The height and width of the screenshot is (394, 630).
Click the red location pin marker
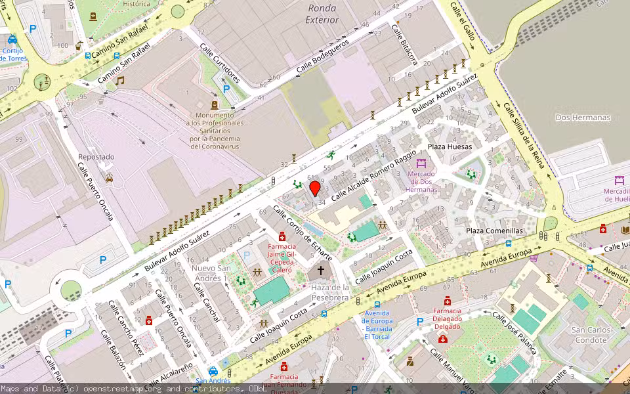(315, 188)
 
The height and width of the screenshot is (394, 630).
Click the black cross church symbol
(322, 271)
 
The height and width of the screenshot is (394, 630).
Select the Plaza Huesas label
(450, 146)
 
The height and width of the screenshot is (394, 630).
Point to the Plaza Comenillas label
(495, 231)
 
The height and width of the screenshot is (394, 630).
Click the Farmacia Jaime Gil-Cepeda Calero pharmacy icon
(282, 236)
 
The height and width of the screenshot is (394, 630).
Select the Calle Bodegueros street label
(322, 52)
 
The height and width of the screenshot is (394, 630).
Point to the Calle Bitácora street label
(404, 45)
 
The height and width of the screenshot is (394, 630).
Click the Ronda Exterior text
(322, 14)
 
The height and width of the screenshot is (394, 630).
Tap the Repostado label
(96, 157)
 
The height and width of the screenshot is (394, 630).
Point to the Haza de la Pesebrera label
(329, 293)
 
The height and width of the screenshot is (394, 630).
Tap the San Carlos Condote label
(590, 335)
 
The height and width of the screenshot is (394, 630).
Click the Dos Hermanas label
(583, 118)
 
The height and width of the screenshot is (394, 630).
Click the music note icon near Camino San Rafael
(119, 81)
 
